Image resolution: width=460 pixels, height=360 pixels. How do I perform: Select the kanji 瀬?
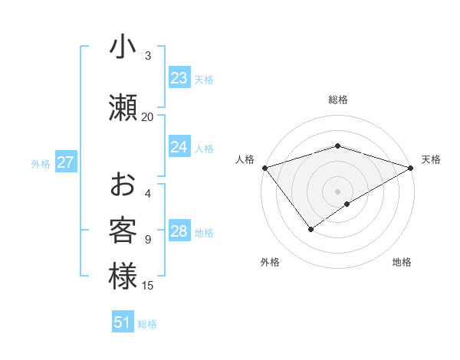click(x=123, y=107)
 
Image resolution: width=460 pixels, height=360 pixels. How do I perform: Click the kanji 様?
click(x=123, y=276)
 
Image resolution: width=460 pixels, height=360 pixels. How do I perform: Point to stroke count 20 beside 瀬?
click(x=147, y=116)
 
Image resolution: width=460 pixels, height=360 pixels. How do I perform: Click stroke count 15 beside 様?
click(x=148, y=286)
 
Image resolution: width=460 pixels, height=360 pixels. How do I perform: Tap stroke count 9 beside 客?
click(x=148, y=240)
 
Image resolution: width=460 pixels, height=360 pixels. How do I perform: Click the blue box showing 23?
click(x=179, y=78)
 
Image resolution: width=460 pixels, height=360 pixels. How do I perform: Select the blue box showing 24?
click(x=179, y=147)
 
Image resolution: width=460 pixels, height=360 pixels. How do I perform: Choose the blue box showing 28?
click(x=179, y=231)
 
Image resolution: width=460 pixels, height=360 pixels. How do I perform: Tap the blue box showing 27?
click(x=66, y=162)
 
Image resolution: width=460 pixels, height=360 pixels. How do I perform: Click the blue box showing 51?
click(x=123, y=322)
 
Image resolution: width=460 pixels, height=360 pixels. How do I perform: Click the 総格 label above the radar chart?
click(x=338, y=100)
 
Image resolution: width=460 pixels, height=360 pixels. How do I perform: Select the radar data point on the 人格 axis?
click(x=264, y=168)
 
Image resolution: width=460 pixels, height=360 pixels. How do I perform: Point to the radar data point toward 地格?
click(x=347, y=204)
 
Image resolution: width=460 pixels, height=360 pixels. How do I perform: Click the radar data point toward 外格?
click(x=311, y=228)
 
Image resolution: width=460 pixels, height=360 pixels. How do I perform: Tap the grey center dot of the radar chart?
click(x=338, y=190)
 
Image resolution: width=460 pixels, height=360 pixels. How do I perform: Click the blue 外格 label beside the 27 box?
click(x=41, y=163)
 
